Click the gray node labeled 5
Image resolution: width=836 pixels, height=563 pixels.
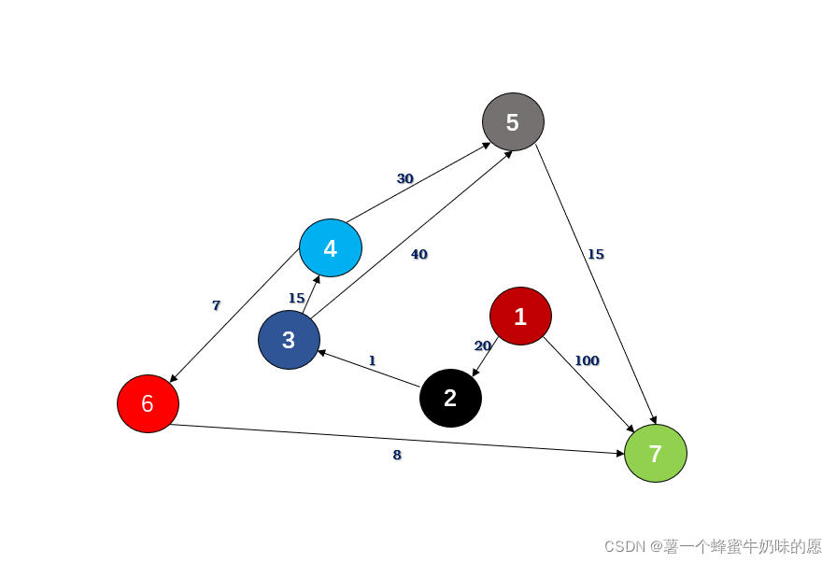coord(513,121)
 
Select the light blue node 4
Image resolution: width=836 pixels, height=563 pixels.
coord(331,248)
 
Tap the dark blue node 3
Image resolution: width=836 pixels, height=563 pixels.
coord(290,341)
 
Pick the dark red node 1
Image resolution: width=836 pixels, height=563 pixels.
coord(520,317)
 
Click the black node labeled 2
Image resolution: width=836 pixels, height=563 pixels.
coord(450,398)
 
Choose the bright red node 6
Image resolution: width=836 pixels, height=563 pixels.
coord(148,404)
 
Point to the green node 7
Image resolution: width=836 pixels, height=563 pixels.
coord(655,454)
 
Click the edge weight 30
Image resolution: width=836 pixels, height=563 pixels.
coord(404,178)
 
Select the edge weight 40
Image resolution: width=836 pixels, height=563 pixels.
coord(418,254)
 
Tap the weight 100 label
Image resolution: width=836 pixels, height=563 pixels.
coord(587,360)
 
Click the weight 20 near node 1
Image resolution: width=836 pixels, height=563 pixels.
coord(482,345)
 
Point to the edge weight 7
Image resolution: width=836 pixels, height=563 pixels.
coord(216,305)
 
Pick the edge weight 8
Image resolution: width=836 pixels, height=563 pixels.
coord(397,456)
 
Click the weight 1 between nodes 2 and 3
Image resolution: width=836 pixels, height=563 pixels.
coord(372,360)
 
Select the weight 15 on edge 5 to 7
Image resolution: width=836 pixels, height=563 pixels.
coord(595,254)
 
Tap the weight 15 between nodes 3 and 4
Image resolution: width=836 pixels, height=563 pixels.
coord(296,298)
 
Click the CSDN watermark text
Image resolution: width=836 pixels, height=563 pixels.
coord(712,545)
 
